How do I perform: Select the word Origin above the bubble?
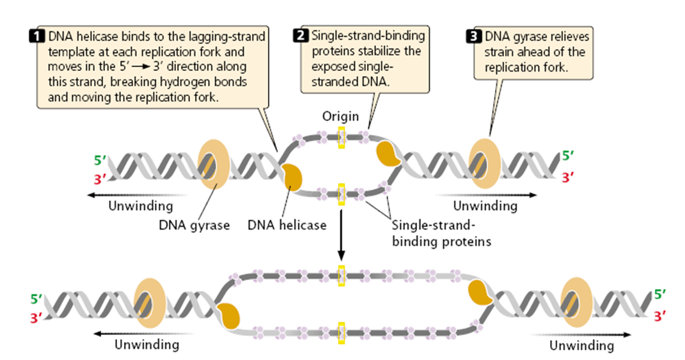(x=341, y=117)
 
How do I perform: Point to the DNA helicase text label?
(x=287, y=225)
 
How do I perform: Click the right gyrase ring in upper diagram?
(x=486, y=165)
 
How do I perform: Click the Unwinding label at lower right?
(x=581, y=346)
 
